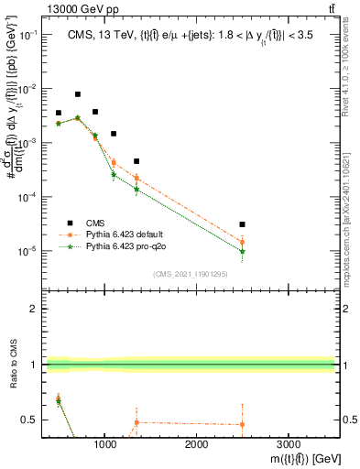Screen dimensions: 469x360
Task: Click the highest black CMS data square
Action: pyautogui.click(x=78, y=94)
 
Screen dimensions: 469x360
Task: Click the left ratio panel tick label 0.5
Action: pyautogui.click(x=29, y=420)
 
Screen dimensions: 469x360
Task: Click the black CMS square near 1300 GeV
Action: pyautogui.click(x=136, y=161)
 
